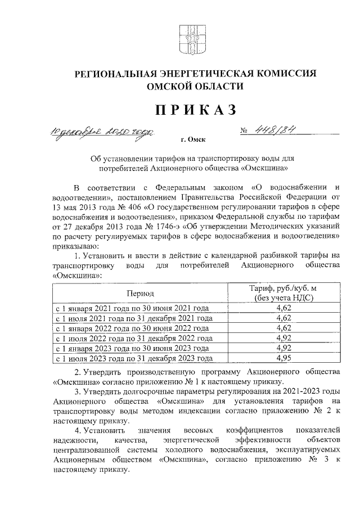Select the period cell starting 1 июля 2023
click(x=133, y=358)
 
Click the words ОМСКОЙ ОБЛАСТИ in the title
click(x=195, y=87)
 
